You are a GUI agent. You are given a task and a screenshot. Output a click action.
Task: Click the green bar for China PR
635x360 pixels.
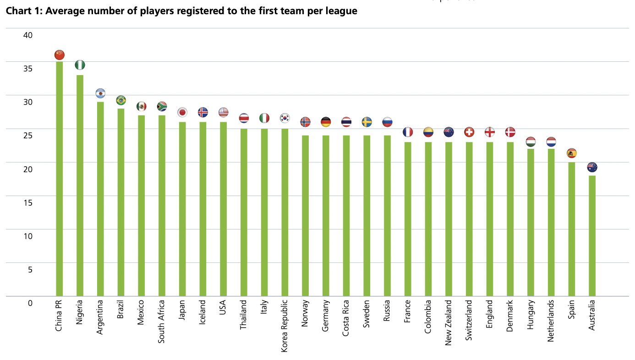tap(59, 179)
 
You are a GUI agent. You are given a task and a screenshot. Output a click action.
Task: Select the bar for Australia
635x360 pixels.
tap(592, 235)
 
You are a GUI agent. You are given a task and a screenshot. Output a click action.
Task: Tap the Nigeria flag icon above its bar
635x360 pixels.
tap(80, 65)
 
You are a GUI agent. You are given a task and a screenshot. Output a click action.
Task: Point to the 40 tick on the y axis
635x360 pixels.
tap(28, 35)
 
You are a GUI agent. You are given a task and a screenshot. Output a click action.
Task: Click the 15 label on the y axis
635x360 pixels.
tap(28, 202)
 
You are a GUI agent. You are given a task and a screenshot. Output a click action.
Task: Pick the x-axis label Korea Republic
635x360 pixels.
tap(285, 326)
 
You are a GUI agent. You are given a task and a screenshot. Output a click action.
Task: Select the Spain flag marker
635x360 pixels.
tap(571, 153)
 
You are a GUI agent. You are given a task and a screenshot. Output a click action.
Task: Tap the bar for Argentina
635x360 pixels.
tap(100, 199)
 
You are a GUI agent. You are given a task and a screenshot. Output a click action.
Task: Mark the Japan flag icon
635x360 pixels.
tap(182, 112)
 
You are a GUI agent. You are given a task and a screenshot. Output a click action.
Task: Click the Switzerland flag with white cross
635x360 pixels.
tap(469, 132)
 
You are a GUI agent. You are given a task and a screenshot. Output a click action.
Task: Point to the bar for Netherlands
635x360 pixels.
tap(551, 222)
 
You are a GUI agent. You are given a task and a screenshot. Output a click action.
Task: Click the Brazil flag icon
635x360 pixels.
tap(121, 100)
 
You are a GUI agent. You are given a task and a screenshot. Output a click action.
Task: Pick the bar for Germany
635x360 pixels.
tap(326, 215)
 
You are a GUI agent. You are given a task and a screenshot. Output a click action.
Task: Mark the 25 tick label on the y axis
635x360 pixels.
tap(28, 136)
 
